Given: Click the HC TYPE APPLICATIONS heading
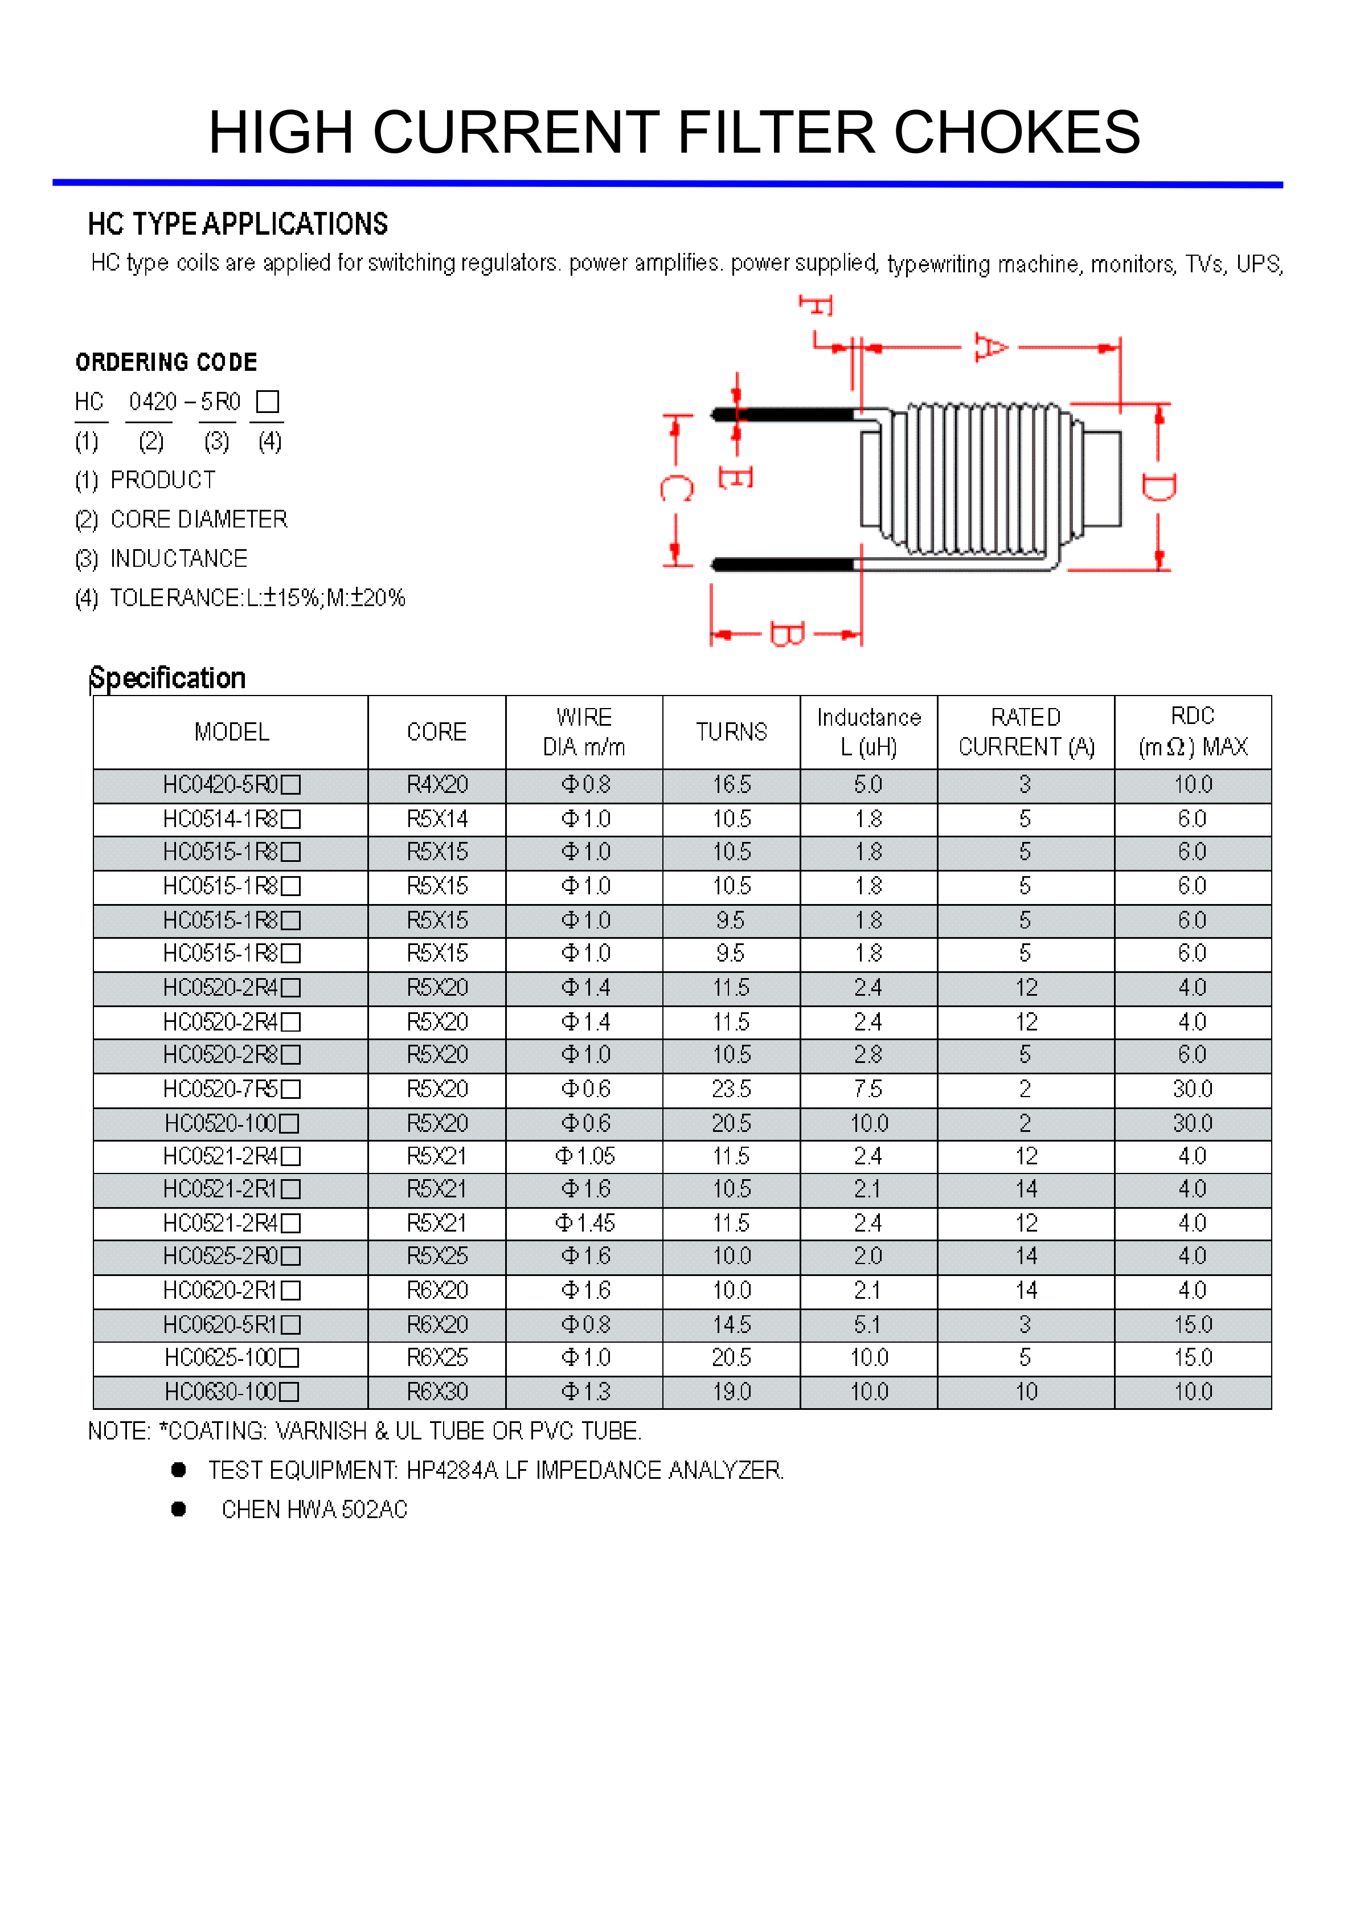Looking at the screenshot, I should pyautogui.click(x=238, y=224).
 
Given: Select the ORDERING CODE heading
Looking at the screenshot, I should pyautogui.click(x=166, y=362).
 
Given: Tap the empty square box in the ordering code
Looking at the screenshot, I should pyautogui.click(x=267, y=402).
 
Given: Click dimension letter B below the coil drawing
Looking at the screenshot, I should pyautogui.click(x=786, y=634).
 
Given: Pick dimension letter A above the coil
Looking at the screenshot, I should pyautogui.click(x=991, y=347).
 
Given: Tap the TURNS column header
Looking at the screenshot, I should pyautogui.click(x=731, y=732).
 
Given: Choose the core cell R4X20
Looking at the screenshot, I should pyautogui.click(x=437, y=785).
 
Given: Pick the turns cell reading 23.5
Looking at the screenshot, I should pyautogui.click(x=731, y=1089).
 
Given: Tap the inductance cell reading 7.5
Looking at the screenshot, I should pyautogui.click(x=869, y=1089).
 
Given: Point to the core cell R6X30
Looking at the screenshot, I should pyautogui.click(x=437, y=1392).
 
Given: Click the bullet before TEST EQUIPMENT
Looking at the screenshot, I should pyautogui.click(x=178, y=1470).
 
